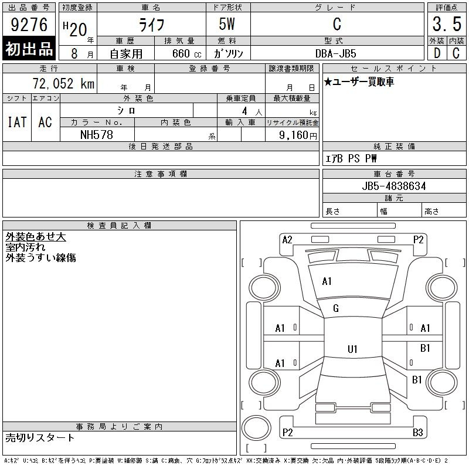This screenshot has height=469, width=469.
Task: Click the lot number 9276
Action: (29, 24)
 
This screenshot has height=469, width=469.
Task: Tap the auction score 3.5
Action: (447, 24)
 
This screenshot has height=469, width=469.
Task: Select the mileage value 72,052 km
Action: (63, 83)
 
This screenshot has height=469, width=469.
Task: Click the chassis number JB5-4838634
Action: (394, 186)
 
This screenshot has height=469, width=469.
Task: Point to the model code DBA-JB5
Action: (336, 53)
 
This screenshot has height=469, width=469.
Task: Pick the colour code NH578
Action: (97, 135)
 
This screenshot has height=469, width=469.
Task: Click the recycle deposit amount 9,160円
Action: (298, 135)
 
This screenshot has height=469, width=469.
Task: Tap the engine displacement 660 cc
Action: (186, 54)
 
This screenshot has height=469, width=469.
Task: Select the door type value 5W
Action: (227, 24)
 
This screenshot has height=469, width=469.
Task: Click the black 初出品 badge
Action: (29, 48)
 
